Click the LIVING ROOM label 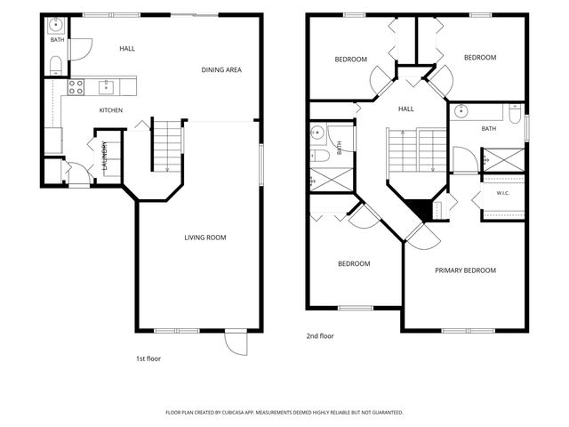[205, 238]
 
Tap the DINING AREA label [221, 69]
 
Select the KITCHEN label [110, 110]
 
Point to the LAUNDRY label [105, 156]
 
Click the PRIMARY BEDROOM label [465, 270]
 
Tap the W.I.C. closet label [502, 193]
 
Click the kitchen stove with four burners [76, 87]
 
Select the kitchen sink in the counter [106, 87]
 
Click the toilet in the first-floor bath [56, 66]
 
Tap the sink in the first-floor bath [56, 25]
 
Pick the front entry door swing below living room [236, 342]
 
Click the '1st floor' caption [148, 359]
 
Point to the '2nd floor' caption [320, 336]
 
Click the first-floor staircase [167, 146]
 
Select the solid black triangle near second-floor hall [419, 208]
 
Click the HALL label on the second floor [405, 109]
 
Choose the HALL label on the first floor [127, 49]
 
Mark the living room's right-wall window [261, 165]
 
